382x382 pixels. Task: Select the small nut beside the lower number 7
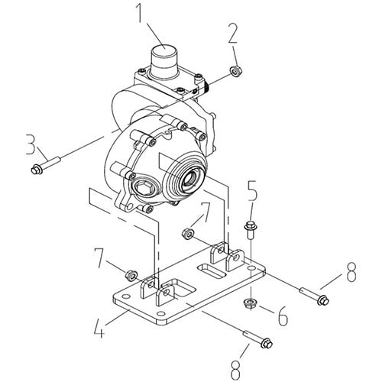click(x=131, y=274)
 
